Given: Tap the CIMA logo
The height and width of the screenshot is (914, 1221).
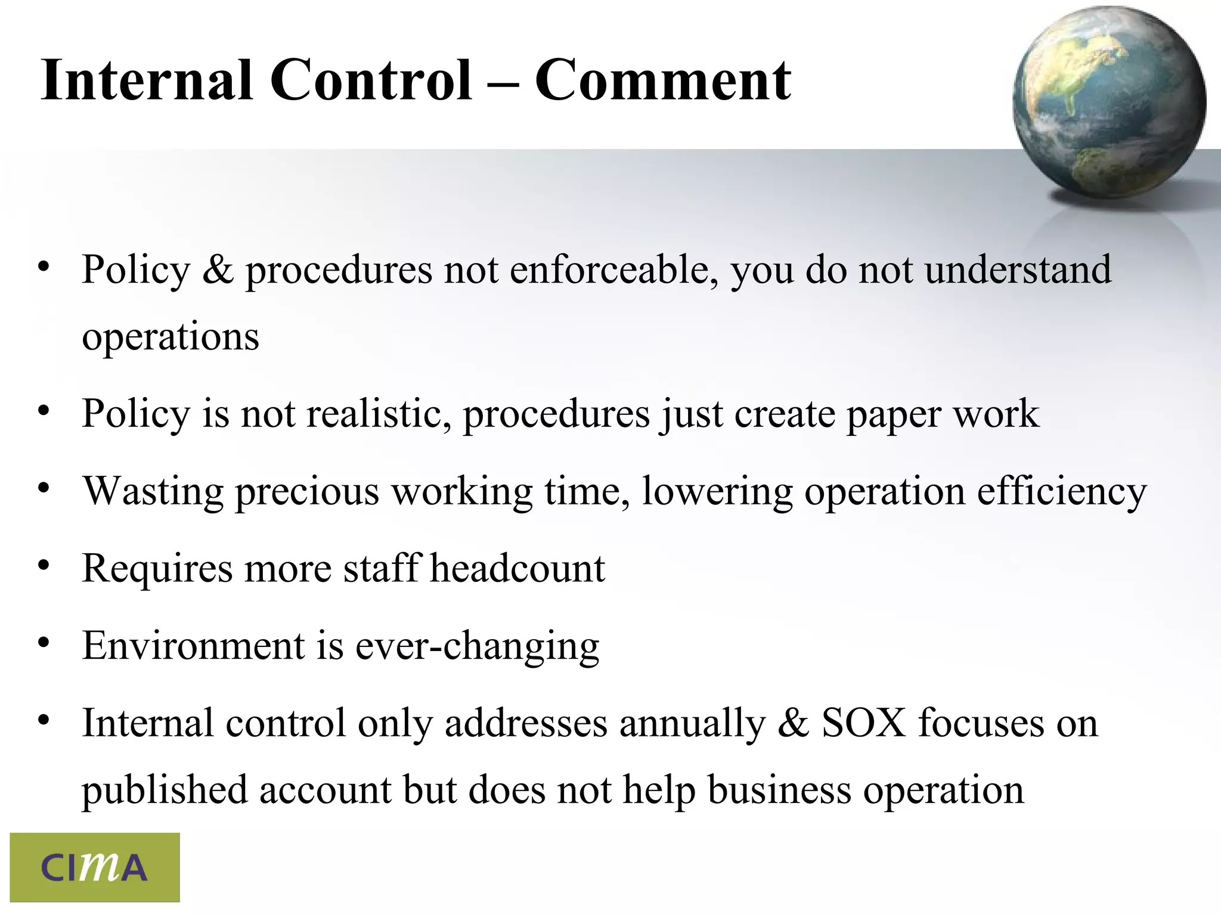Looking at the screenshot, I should [94, 867].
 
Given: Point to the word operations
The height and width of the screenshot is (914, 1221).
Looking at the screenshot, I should [171, 337].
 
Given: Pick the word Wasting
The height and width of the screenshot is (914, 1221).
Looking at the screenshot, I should [153, 491].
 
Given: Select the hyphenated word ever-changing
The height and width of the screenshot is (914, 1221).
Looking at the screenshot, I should [477, 646].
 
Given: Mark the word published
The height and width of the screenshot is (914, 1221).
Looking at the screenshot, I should [165, 791].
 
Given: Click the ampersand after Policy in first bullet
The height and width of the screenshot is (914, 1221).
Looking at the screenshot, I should [218, 269].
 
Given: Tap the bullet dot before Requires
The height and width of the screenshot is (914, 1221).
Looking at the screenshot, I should [43, 566].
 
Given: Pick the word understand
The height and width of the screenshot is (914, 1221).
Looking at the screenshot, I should [1018, 269].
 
